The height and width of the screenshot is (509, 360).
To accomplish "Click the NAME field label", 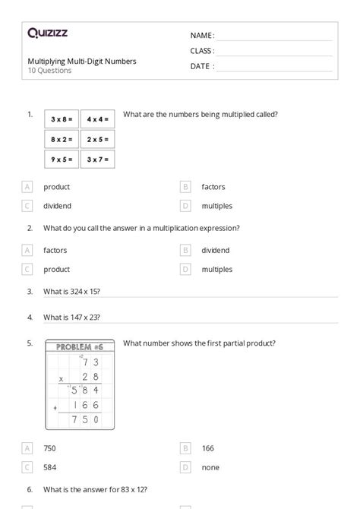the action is (x=202, y=35).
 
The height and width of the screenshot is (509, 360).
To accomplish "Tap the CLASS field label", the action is (x=202, y=51).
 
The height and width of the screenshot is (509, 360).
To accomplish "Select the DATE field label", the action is (x=202, y=66).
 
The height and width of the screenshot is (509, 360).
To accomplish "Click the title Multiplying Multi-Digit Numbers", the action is (x=82, y=61).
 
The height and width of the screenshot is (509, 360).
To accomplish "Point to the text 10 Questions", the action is (x=49, y=71).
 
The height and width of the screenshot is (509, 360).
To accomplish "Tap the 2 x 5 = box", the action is (x=97, y=140).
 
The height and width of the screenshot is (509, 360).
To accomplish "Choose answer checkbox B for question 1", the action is (x=185, y=186).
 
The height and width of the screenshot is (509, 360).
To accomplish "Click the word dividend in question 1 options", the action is (x=57, y=206).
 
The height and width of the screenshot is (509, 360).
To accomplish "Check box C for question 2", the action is (x=28, y=269).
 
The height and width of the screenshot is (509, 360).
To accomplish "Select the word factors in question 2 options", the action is (x=55, y=250).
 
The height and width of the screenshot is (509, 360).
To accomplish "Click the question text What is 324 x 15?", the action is (x=71, y=291).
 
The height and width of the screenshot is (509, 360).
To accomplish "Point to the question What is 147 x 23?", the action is (x=71, y=317).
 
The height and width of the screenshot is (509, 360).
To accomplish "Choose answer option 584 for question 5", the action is (x=50, y=467).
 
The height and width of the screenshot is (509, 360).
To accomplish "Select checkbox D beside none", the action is (x=185, y=467).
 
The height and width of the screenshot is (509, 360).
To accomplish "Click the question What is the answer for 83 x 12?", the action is (x=95, y=490).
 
